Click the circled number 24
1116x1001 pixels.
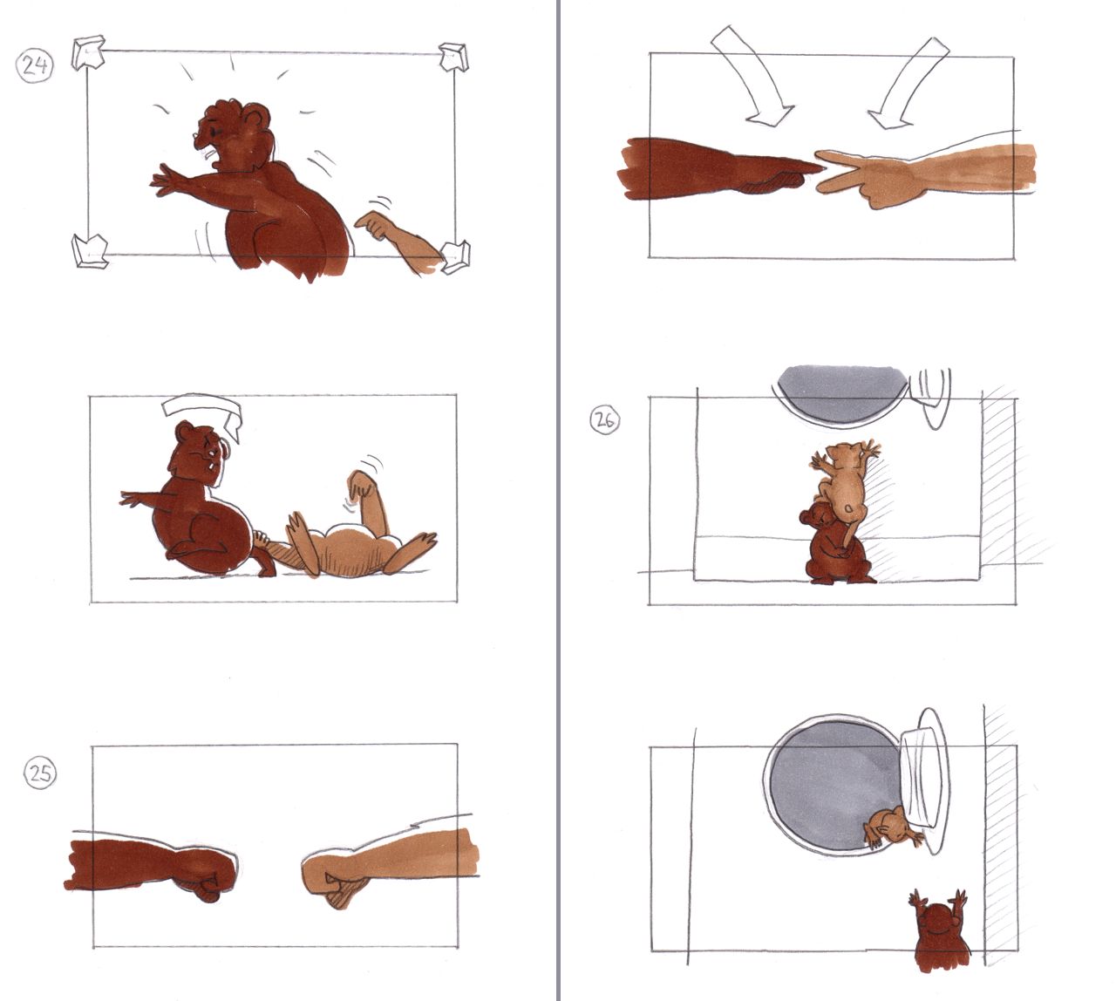coord(35,66)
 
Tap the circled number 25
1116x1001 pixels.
coord(40,773)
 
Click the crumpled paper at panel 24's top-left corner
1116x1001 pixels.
coord(89,53)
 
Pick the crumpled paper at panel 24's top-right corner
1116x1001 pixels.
coord(454,58)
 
